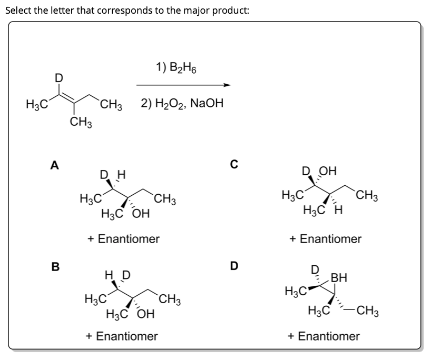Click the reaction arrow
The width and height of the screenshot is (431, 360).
coord(183,85)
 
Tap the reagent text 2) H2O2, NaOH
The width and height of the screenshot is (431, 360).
coord(182,104)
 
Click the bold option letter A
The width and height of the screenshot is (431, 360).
coord(53,165)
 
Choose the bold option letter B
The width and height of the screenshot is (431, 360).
coord(53,266)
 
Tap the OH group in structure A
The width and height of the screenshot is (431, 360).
coord(142,214)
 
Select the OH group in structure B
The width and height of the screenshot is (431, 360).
coord(144,315)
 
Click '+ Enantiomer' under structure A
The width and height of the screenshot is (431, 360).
coord(123,238)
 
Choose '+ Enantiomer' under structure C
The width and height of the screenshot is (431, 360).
coord(326,238)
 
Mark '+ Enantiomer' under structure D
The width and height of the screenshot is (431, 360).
coord(324,335)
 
